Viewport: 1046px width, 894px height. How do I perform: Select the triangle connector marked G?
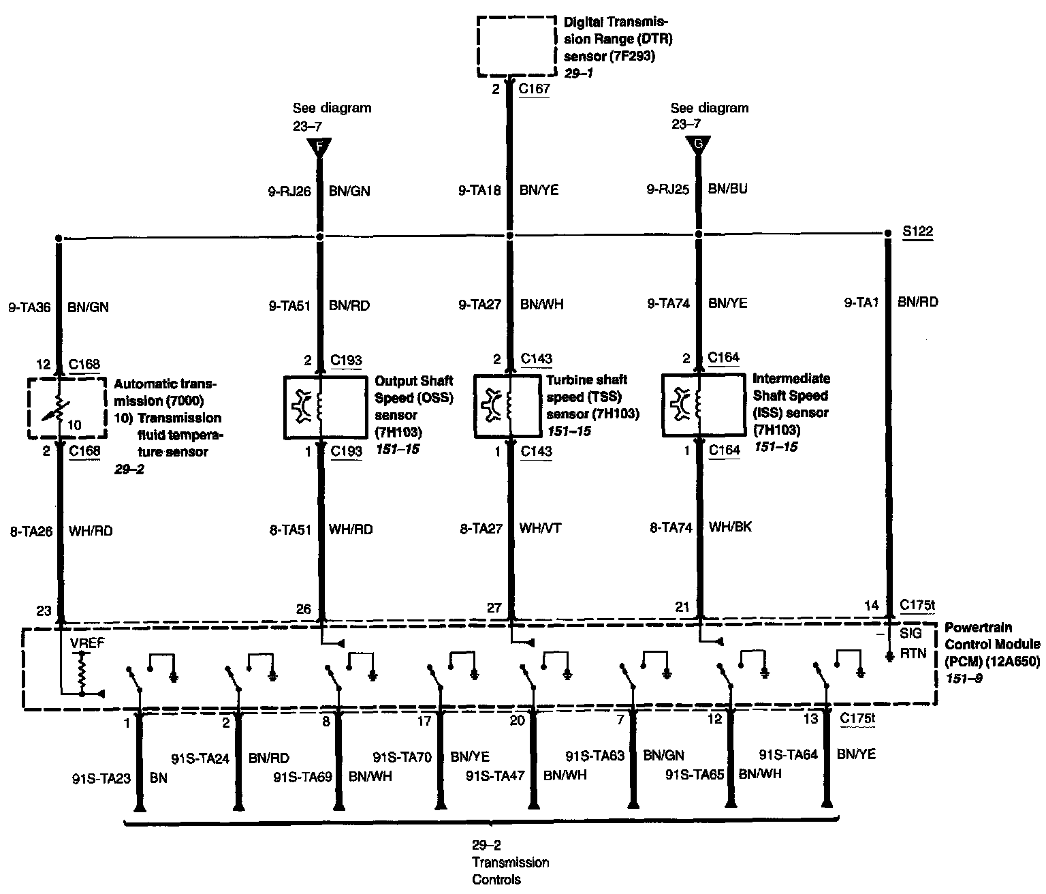pos(697,144)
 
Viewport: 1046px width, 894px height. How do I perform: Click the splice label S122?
pos(918,232)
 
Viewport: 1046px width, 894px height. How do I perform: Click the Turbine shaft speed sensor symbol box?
pos(511,405)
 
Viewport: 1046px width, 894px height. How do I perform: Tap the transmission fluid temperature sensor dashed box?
pos(67,408)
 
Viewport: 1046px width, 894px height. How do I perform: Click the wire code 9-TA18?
pos(479,191)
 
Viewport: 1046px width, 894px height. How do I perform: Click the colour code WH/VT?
pos(541,528)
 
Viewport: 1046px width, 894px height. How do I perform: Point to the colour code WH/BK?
pos(730,527)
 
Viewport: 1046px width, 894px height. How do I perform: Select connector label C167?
pos(534,89)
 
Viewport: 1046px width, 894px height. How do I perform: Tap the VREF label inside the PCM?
pos(82,642)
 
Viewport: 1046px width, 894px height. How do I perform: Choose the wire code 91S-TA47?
pos(495,775)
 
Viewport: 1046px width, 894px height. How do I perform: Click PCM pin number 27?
pos(494,608)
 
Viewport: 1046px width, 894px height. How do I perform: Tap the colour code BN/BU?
pos(727,189)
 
